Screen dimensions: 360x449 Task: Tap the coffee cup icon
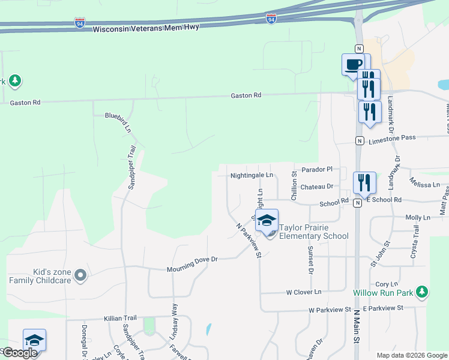tap(353, 64)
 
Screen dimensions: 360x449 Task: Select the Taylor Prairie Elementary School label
tap(313, 232)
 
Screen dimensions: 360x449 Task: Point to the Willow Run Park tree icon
tap(423, 292)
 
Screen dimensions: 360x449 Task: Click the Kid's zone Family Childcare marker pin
tap(80, 276)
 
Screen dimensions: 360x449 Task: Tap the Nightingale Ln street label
tap(252, 176)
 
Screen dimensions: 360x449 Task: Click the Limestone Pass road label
tap(391, 138)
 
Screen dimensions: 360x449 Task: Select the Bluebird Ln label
tap(118, 121)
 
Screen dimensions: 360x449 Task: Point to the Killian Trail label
tap(120, 319)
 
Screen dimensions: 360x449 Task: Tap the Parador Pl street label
tap(317, 170)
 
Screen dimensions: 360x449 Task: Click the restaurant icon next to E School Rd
tap(364, 182)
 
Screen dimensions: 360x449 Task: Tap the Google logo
tap(20, 353)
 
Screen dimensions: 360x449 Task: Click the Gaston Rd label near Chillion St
tap(247, 95)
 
